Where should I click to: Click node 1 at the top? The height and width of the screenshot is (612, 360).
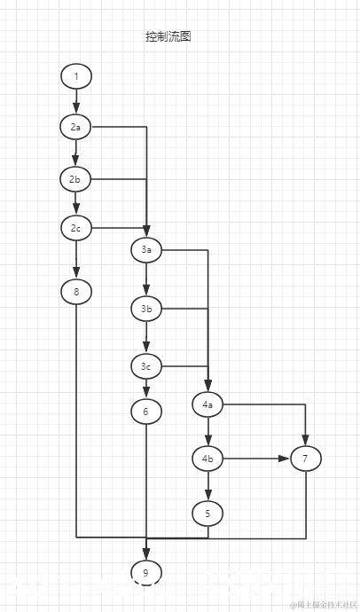click(x=76, y=76)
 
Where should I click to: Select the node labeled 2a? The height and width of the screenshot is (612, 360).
click(x=76, y=128)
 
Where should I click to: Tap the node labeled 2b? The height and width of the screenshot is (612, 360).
click(x=76, y=179)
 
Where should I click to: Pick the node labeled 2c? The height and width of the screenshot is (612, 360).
click(x=76, y=229)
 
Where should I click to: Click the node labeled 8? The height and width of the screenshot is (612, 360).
click(x=76, y=291)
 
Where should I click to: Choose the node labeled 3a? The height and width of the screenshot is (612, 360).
click(x=146, y=250)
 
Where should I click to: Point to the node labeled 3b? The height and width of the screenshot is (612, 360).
click(x=146, y=309)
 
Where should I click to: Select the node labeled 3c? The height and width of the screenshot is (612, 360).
click(x=146, y=365)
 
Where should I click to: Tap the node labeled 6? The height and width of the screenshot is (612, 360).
click(x=146, y=411)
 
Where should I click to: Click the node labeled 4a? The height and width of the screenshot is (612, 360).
click(x=207, y=405)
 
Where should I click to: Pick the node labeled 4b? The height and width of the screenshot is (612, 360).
click(x=207, y=459)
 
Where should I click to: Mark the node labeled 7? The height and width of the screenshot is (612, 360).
click(x=305, y=459)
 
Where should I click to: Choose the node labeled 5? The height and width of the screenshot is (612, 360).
click(x=207, y=513)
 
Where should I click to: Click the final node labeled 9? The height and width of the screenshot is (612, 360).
click(x=146, y=573)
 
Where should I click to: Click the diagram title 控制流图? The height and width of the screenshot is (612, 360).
click(x=168, y=36)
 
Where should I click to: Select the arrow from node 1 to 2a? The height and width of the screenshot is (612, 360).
click(x=76, y=102)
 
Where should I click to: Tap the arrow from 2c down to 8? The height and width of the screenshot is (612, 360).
click(x=76, y=260)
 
